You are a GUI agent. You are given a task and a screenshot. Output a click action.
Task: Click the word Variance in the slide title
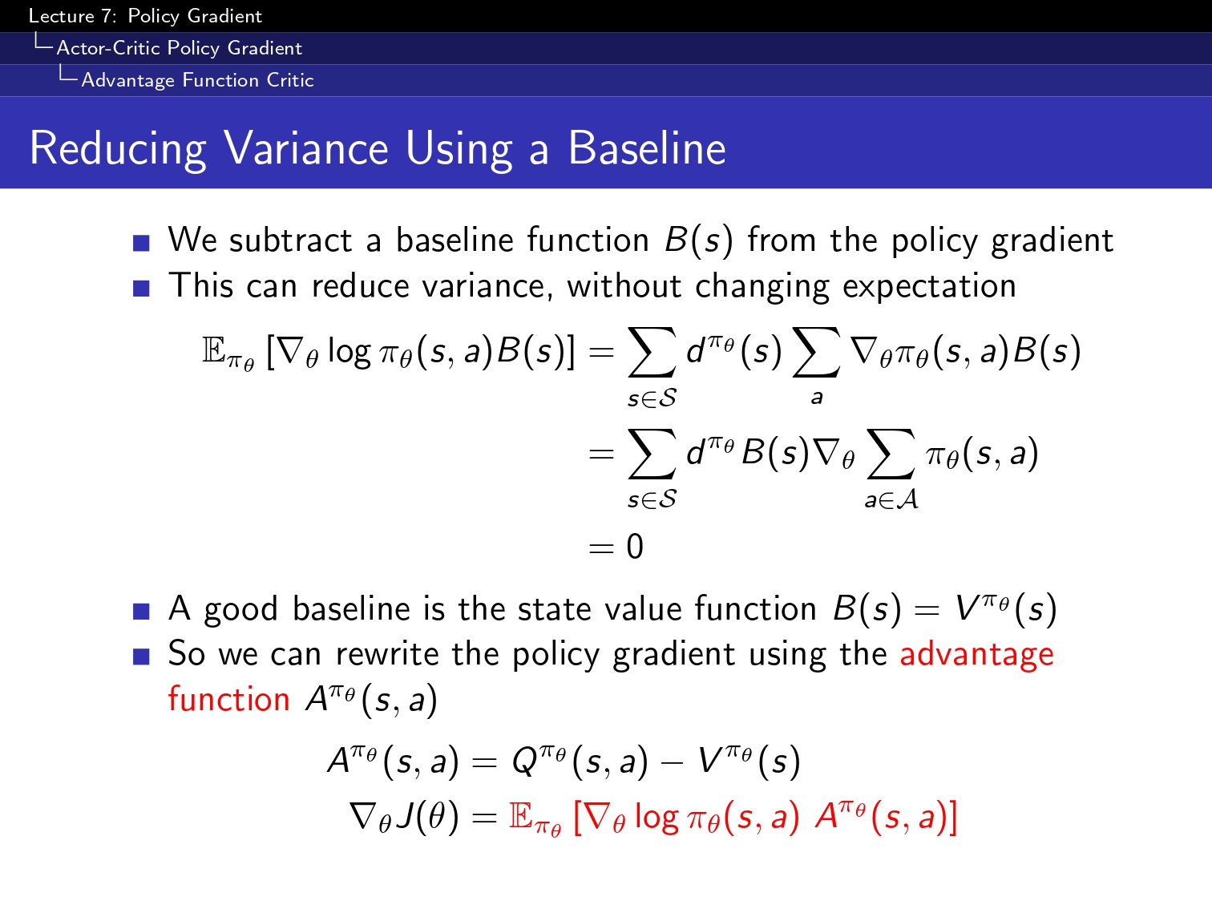[x=306, y=148]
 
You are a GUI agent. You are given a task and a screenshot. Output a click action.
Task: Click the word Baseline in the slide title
[x=647, y=148]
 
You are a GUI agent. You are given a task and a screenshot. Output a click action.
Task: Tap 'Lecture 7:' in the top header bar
[x=72, y=16]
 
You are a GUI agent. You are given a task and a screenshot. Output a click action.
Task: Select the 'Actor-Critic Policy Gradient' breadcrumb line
[x=180, y=48]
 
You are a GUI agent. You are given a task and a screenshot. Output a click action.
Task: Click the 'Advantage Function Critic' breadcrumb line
[x=198, y=80]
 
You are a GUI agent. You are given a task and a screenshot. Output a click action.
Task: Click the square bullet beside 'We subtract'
[x=141, y=244]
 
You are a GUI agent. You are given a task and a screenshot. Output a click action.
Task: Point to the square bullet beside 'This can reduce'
[x=141, y=289]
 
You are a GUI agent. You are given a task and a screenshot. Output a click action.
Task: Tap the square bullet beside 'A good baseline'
[x=141, y=612]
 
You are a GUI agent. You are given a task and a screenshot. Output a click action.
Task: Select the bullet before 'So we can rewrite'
[x=141, y=656]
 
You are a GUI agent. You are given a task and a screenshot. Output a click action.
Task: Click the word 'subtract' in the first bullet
[x=290, y=240]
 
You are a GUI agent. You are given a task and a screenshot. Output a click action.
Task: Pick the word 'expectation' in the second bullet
[x=929, y=287]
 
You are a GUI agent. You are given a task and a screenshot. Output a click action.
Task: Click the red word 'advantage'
[x=977, y=655]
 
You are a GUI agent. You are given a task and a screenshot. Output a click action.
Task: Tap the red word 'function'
[x=228, y=699]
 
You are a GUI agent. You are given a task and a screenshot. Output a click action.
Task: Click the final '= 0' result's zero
[x=635, y=547]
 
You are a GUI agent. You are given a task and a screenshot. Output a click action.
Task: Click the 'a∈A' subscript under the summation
[x=891, y=500]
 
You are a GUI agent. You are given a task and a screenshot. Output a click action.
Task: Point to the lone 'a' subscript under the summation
[x=817, y=397]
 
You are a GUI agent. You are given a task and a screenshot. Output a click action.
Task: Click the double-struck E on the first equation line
[x=214, y=350]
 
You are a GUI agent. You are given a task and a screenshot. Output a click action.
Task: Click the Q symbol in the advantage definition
[x=524, y=762]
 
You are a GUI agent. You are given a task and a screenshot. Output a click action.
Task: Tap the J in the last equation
[x=406, y=816]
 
